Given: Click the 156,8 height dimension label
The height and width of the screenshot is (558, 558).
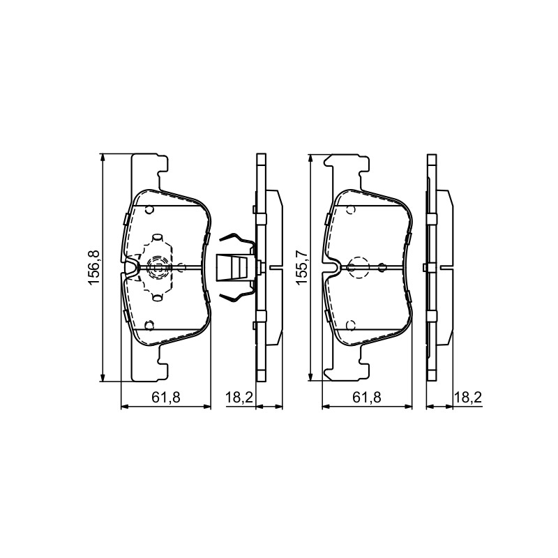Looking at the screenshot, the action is (x=94, y=268).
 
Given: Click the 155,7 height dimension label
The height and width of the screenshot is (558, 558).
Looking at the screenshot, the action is (x=302, y=268).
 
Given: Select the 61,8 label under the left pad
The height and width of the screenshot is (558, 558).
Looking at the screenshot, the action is (x=166, y=398).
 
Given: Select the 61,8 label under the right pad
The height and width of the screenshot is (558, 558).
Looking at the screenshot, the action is (x=367, y=398).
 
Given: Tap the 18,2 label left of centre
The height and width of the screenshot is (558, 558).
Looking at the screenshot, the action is (x=239, y=398).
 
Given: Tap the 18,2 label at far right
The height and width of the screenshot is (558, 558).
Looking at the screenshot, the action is (x=467, y=398).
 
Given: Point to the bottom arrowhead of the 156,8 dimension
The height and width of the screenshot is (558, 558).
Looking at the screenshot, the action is (x=103, y=378).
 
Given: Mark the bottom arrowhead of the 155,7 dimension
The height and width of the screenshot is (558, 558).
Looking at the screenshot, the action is (x=310, y=377).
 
